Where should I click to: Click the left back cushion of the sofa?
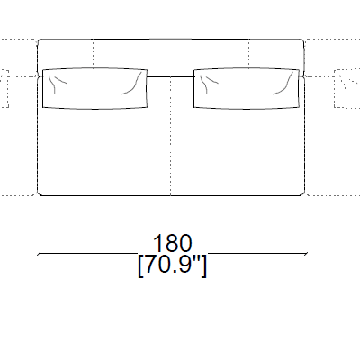(x=95, y=88)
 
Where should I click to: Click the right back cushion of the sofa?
(x=245, y=88)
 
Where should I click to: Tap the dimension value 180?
(x=172, y=244)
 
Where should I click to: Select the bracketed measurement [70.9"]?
(x=172, y=266)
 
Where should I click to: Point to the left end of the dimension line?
(x=38, y=256)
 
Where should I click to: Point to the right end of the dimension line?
(x=305, y=256)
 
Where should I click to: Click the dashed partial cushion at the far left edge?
(x=4, y=88)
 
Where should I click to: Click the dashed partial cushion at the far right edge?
(x=346, y=88)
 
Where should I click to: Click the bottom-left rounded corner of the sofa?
(x=40, y=193)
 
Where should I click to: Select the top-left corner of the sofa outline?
(x=40, y=41)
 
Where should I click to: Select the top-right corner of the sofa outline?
(x=301, y=41)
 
